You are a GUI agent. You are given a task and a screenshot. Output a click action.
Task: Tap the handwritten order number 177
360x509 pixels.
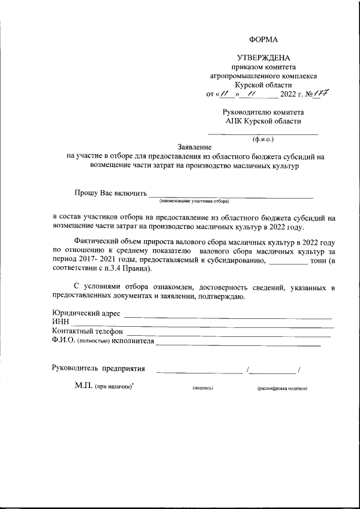tap(321, 93)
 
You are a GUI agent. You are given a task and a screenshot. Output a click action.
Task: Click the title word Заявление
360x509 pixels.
tap(195, 147)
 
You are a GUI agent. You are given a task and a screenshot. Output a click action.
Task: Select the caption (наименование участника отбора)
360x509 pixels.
tap(194, 201)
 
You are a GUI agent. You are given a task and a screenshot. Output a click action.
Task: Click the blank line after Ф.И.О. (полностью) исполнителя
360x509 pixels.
tap(238, 342)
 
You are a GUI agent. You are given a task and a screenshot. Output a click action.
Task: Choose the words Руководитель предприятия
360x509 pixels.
tap(98, 369)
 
